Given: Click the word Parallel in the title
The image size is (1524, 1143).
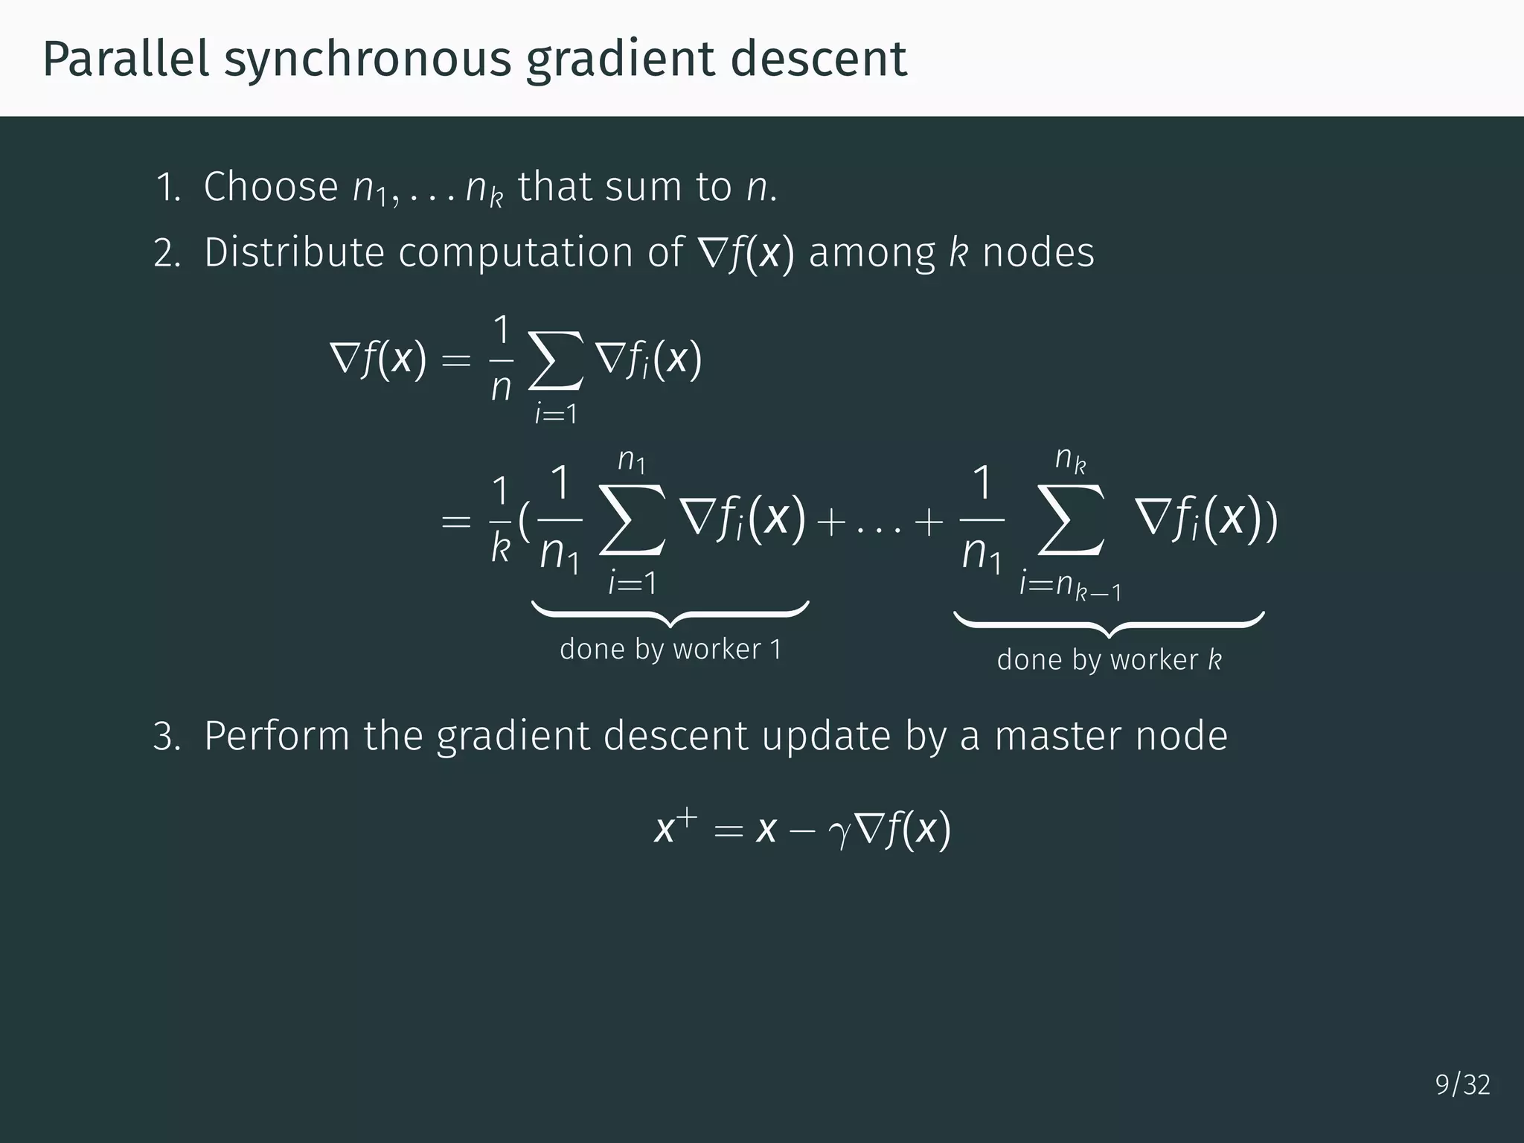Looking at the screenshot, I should tap(126, 59).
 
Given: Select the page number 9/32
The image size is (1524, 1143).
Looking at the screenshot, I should tap(1462, 1085).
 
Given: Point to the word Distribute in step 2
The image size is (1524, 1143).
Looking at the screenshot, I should tap(294, 252).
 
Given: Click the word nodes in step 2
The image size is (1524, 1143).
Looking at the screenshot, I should tap(1038, 252).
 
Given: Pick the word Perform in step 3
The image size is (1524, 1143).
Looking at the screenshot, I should tap(277, 736).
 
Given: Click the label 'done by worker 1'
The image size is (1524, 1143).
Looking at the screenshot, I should tap(670, 650).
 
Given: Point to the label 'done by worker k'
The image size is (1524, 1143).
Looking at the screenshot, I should tap(1109, 660).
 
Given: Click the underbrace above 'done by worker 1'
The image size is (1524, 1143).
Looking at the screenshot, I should tap(670, 614).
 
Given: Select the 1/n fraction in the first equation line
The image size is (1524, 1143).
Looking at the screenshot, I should tap(502, 359).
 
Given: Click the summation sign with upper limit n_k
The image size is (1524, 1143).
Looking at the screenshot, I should tap(1070, 519).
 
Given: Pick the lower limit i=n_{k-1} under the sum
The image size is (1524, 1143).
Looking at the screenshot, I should tap(1070, 586).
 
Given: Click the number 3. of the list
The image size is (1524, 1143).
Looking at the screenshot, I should tap(167, 736).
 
